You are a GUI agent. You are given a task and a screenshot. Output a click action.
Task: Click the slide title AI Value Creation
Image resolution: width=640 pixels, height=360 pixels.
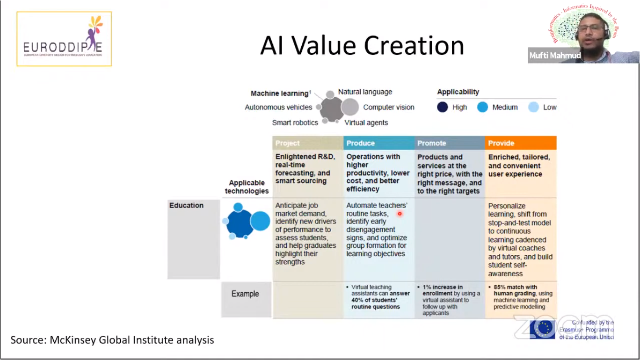pyautogui.click(x=362, y=46)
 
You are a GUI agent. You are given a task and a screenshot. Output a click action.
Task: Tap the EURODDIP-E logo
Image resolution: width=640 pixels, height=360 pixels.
pyautogui.click(x=64, y=39)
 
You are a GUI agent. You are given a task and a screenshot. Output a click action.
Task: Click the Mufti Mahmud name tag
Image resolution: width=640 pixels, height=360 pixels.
pyautogui.click(x=555, y=56)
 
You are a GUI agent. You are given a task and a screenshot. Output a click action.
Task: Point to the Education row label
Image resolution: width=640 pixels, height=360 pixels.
pyautogui.click(x=186, y=205)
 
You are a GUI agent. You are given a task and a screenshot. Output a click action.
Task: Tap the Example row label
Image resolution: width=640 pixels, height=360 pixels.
pyautogui.click(x=245, y=294)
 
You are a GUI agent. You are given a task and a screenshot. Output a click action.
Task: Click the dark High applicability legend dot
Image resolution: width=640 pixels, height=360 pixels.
pyautogui.click(x=443, y=107)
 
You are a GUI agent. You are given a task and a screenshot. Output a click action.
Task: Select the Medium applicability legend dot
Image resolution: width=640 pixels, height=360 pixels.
pyautogui.click(x=482, y=107)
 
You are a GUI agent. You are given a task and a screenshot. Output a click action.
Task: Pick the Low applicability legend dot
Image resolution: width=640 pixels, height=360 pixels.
pyautogui.click(x=533, y=107)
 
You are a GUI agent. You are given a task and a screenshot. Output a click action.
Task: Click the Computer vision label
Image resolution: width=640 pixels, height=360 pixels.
pyautogui.click(x=389, y=107)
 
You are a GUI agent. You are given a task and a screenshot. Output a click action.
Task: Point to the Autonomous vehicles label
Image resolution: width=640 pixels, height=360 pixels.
pyautogui.click(x=278, y=107)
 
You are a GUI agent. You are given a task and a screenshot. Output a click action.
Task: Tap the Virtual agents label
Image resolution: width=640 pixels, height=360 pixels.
pyautogui.click(x=366, y=122)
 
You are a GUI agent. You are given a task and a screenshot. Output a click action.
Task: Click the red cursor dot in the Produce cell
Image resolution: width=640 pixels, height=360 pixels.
pyautogui.click(x=400, y=214)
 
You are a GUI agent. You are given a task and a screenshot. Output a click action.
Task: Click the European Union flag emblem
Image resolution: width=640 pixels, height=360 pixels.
pyautogui.click(x=543, y=329)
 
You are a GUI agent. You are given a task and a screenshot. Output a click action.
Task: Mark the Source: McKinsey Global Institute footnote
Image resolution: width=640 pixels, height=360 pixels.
pyautogui.click(x=112, y=340)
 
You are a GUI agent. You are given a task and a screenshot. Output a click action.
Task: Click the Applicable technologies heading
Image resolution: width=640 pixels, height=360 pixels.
pyautogui.click(x=247, y=187)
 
